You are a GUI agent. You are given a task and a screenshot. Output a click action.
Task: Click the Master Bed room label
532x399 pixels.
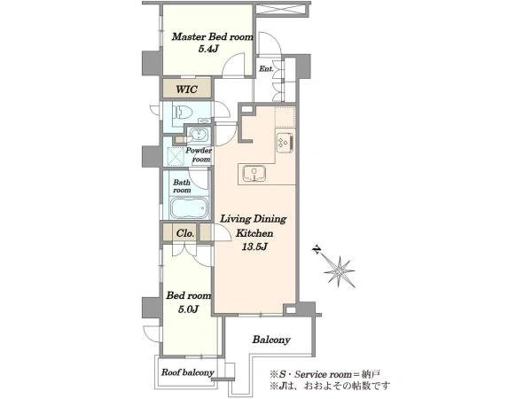click(213, 36)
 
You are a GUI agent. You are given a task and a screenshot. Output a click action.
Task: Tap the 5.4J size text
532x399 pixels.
click(207, 49)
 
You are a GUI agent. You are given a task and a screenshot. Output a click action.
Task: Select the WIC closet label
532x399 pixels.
click(186, 90)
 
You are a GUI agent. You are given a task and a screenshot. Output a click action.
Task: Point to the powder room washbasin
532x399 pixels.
click(198, 135)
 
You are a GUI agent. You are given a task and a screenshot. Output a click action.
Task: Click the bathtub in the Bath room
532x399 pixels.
click(189, 208)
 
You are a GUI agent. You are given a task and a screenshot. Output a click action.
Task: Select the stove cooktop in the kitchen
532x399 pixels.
click(285, 143)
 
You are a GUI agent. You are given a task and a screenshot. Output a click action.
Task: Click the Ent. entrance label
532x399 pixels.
click(266, 69)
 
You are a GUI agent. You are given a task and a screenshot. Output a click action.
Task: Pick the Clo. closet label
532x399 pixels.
click(185, 233)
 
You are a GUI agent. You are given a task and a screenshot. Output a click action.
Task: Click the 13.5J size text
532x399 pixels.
click(254, 246)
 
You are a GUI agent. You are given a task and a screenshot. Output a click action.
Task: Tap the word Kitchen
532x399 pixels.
click(254, 233)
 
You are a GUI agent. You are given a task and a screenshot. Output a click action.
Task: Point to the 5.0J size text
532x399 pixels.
click(188, 309)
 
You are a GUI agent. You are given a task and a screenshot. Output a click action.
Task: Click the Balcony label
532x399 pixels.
click(271, 340)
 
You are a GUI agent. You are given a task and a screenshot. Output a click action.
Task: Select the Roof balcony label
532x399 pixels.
click(188, 372)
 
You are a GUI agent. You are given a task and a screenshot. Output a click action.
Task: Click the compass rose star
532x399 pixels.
click(340, 271)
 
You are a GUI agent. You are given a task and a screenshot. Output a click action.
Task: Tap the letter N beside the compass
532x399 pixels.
click(317, 250)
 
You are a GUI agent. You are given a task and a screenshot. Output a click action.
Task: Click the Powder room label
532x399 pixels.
click(199, 154)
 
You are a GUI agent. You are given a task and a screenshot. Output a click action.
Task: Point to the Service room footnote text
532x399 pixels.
click(325, 374)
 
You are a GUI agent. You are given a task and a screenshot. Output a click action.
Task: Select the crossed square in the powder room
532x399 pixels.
click(176, 157)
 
